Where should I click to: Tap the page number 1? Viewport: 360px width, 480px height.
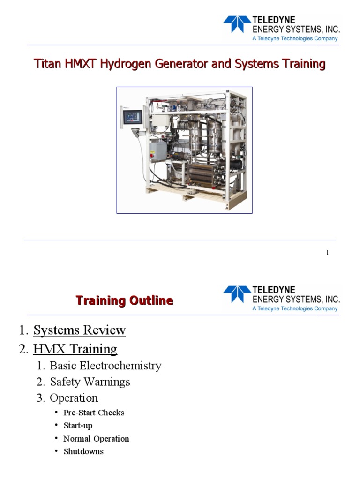click(327, 253)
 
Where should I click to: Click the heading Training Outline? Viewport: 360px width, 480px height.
click(125, 300)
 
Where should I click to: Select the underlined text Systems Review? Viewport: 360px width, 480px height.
click(79, 330)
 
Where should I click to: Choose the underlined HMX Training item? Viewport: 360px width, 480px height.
click(75, 349)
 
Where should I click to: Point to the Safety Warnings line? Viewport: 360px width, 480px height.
click(90, 382)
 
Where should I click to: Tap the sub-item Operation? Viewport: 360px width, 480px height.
click(74, 398)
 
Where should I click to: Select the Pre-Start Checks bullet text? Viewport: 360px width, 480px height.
click(94, 412)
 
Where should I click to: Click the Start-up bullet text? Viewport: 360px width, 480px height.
click(78, 426)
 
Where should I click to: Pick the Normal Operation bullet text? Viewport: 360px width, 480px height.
click(96, 439)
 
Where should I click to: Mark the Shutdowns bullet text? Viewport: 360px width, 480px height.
click(83, 452)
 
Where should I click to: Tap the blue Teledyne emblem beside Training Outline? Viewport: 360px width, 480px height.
click(237, 294)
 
